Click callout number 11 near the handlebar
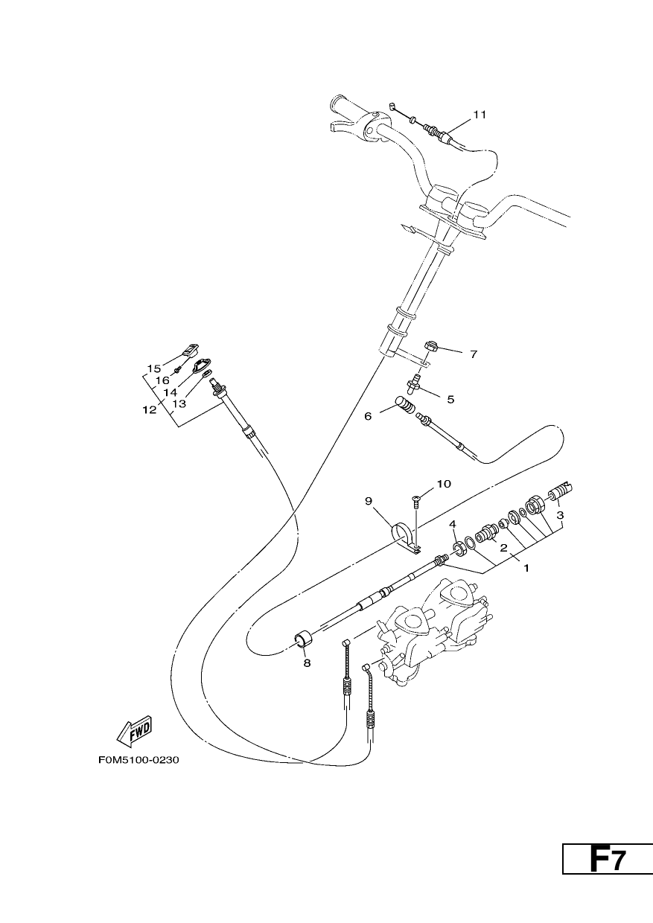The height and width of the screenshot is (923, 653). pyautogui.click(x=480, y=115)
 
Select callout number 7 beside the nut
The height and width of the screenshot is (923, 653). pyautogui.click(x=474, y=354)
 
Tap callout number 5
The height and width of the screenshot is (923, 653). pyautogui.click(x=450, y=399)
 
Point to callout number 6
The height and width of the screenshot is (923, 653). pyautogui.click(x=368, y=416)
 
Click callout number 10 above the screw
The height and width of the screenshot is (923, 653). pyautogui.click(x=444, y=483)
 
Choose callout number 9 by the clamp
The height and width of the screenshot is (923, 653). pyautogui.click(x=369, y=501)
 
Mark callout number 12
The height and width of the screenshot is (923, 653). pyautogui.click(x=150, y=410)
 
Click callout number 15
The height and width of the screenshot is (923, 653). pyautogui.click(x=154, y=368)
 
